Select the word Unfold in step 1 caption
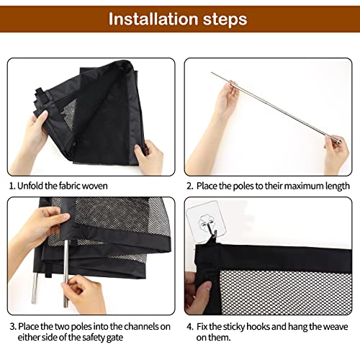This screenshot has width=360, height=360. coord(31,185)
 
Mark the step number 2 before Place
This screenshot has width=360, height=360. coord(189,185)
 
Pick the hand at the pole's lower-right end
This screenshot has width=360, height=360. coord(334,151)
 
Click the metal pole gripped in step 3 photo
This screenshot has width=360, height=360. coord(64,266)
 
